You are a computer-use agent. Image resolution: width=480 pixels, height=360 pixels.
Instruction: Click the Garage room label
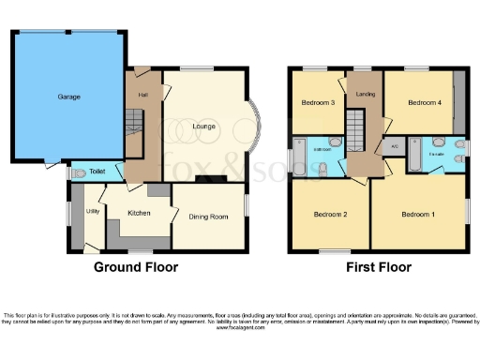pos(67,97)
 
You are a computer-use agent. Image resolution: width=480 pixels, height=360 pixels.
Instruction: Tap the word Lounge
pos(204,126)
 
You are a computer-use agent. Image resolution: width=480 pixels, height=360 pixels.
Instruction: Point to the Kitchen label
pos(139,213)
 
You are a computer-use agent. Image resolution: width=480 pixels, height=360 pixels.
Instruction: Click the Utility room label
pos(93,212)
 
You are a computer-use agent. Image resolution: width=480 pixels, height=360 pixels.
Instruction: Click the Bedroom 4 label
pos(419,102)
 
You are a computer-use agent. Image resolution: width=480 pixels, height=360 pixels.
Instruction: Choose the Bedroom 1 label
pos(418,215)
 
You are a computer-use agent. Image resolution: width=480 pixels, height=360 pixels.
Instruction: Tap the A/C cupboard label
pos(395,148)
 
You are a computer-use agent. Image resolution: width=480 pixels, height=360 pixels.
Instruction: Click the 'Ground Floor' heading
pos(135,267)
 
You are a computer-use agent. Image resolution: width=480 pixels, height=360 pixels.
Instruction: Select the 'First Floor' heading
pos(378,267)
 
